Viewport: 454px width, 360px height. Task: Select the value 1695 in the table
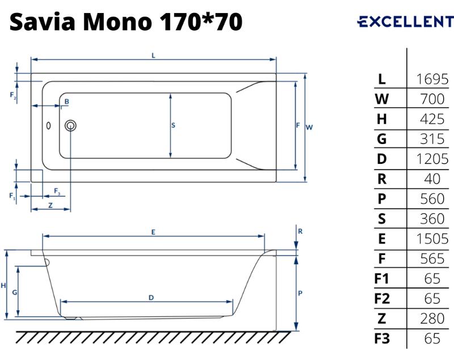click(432, 79)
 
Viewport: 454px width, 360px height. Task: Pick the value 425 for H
click(432, 119)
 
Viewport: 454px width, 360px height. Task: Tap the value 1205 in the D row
click(432, 159)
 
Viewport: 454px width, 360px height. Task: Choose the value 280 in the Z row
click(432, 319)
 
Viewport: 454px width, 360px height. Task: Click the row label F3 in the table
click(382, 338)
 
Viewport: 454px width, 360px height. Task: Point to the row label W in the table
click(382, 99)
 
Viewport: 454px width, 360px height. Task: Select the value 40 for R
click(432, 179)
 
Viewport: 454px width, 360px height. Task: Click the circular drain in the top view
click(70, 126)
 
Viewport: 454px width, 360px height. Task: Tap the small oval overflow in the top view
click(49, 125)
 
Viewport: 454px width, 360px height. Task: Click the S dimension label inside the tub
click(173, 125)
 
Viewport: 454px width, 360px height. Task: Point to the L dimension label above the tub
click(153, 56)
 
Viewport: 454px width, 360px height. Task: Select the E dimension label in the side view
click(153, 232)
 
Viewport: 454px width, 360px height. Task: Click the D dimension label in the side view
click(151, 298)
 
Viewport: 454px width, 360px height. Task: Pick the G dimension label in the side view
click(15, 293)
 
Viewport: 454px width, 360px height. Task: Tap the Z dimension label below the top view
click(51, 205)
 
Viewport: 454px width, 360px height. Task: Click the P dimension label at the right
click(300, 293)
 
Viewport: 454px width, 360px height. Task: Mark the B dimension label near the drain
click(67, 101)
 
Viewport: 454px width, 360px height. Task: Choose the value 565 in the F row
click(432, 259)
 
